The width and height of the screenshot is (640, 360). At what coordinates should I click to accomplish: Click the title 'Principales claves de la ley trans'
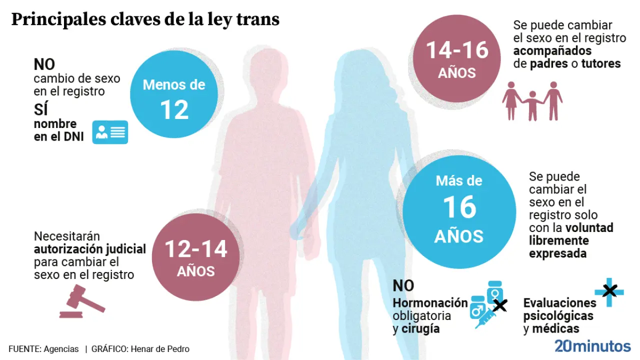145,20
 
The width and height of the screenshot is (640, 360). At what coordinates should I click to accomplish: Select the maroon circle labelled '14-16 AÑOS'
457,58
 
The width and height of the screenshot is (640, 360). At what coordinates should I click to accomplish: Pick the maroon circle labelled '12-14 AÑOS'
195,257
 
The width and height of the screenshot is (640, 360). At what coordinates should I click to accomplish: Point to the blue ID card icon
110,132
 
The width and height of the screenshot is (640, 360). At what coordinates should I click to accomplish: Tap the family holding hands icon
532,101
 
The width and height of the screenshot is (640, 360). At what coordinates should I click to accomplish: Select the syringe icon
484,317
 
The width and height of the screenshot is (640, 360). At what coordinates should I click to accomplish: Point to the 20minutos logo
592,346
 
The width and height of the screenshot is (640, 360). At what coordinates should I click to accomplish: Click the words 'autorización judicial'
90,249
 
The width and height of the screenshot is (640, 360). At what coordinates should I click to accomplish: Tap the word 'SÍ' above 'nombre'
40,108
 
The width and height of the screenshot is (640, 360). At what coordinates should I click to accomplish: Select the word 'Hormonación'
430,303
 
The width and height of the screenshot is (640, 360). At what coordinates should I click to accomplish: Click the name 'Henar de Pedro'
160,349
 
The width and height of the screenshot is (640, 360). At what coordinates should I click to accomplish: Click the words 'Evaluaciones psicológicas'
559,309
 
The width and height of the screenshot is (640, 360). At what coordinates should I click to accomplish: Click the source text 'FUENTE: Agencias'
43,349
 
